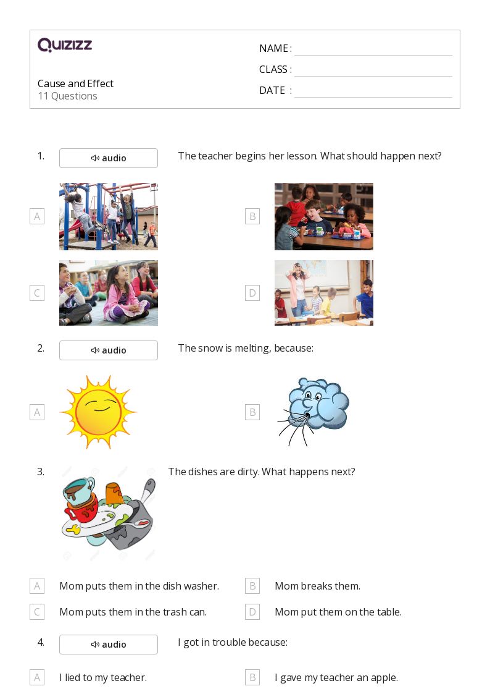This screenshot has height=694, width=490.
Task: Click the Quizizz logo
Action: point(65,44)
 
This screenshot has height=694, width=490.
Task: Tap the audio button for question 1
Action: point(108,158)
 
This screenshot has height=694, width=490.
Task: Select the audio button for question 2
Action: point(108,350)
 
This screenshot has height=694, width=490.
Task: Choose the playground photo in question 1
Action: point(108,216)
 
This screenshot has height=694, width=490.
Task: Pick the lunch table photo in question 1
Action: point(323,216)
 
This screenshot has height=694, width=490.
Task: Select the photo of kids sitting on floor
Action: point(108,293)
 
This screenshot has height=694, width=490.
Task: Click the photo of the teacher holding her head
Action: point(323,293)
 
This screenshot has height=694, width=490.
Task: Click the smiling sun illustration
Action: point(98,412)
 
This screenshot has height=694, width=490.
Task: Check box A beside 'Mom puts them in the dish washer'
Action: point(37,586)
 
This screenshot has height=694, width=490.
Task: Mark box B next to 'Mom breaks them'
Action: point(252,586)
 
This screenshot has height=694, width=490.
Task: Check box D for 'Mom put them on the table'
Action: point(252,612)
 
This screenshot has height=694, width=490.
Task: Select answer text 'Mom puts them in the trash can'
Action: point(133,612)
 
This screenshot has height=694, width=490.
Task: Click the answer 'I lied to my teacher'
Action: point(103,678)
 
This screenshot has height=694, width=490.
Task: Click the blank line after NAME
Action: point(373,56)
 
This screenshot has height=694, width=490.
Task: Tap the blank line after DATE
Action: point(373,97)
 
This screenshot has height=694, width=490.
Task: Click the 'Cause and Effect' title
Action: point(75,83)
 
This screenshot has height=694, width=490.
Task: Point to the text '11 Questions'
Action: point(68,96)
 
